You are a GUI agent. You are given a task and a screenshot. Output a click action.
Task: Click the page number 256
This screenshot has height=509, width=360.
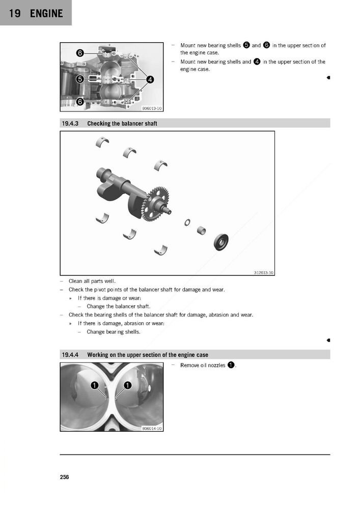point(64,477)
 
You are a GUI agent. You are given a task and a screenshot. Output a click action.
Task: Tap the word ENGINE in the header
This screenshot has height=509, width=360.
point(46,13)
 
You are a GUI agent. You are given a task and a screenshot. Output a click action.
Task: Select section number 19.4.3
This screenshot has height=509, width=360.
point(70,124)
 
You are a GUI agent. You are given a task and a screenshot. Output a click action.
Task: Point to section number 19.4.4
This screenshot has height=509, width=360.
point(70,355)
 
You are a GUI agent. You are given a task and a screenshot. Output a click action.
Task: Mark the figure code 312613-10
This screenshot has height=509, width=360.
point(263,272)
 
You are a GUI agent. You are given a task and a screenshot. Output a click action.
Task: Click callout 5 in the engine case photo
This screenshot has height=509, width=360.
point(80,79)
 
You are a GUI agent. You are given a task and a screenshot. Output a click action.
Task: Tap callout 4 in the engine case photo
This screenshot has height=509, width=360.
point(151,79)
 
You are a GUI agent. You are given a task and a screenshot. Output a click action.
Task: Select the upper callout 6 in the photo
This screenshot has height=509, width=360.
point(80,53)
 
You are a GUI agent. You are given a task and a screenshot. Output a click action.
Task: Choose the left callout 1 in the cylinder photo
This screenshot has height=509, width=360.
point(94,385)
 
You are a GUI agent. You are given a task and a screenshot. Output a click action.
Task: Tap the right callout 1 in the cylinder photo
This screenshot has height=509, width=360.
point(127,385)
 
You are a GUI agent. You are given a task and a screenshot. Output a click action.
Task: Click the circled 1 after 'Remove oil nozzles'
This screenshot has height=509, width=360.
point(231,365)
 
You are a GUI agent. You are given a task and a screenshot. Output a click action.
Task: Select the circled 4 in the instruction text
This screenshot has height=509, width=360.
point(257,62)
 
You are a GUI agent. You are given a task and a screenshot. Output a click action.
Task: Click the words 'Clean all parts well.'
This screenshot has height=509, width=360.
point(92,281)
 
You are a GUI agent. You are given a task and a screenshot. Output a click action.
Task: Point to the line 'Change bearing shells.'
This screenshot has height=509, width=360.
point(114,332)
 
